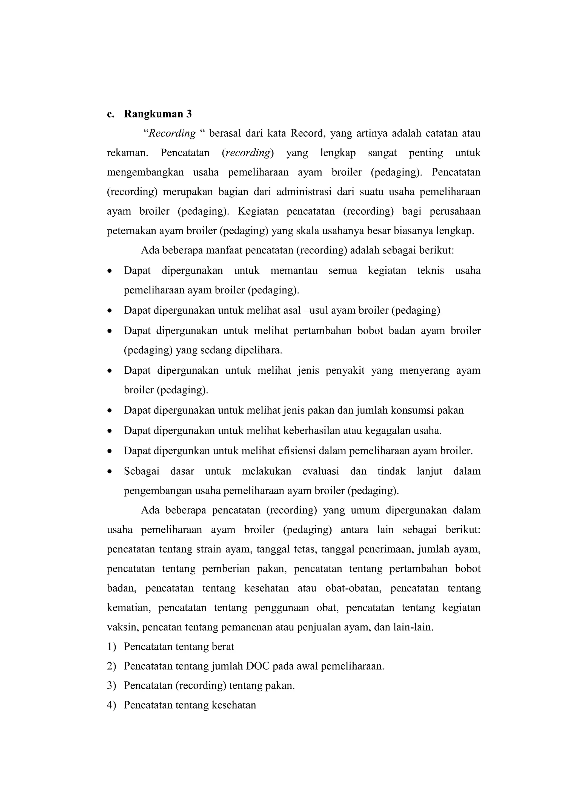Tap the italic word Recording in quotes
click(172, 133)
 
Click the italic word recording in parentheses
click(247, 153)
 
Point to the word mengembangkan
click(145, 172)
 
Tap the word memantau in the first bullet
click(294, 270)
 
